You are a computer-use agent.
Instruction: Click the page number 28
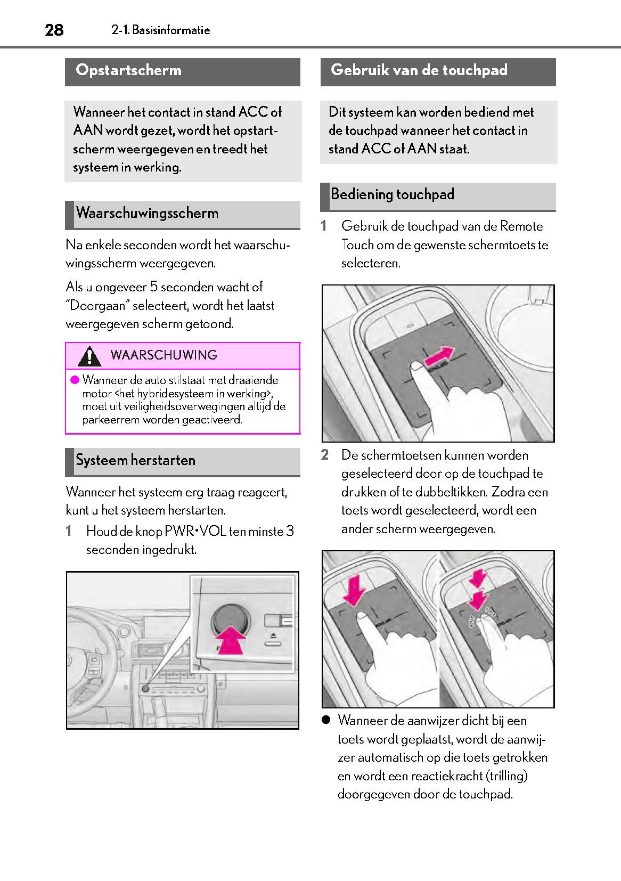(x=54, y=30)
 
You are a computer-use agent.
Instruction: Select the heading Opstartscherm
(x=128, y=70)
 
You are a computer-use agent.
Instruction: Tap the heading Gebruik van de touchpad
(x=419, y=70)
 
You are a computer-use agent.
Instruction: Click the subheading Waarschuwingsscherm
(x=147, y=213)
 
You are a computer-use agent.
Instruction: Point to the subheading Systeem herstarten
(x=135, y=460)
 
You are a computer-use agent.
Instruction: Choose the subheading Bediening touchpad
(x=392, y=194)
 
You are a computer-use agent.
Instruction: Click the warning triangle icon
(x=89, y=356)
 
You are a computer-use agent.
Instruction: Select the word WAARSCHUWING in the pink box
(x=164, y=355)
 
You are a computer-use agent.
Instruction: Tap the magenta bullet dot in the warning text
(x=75, y=380)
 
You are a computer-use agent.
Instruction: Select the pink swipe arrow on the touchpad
(x=440, y=356)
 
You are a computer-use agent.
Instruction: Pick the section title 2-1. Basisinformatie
(x=161, y=30)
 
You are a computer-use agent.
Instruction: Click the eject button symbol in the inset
(x=272, y=637)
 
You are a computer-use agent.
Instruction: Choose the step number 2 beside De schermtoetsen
(x=325, y=455)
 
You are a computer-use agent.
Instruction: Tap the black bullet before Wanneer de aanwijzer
(x=326, y=720)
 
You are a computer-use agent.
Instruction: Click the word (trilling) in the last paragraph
(x=506, y=776)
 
